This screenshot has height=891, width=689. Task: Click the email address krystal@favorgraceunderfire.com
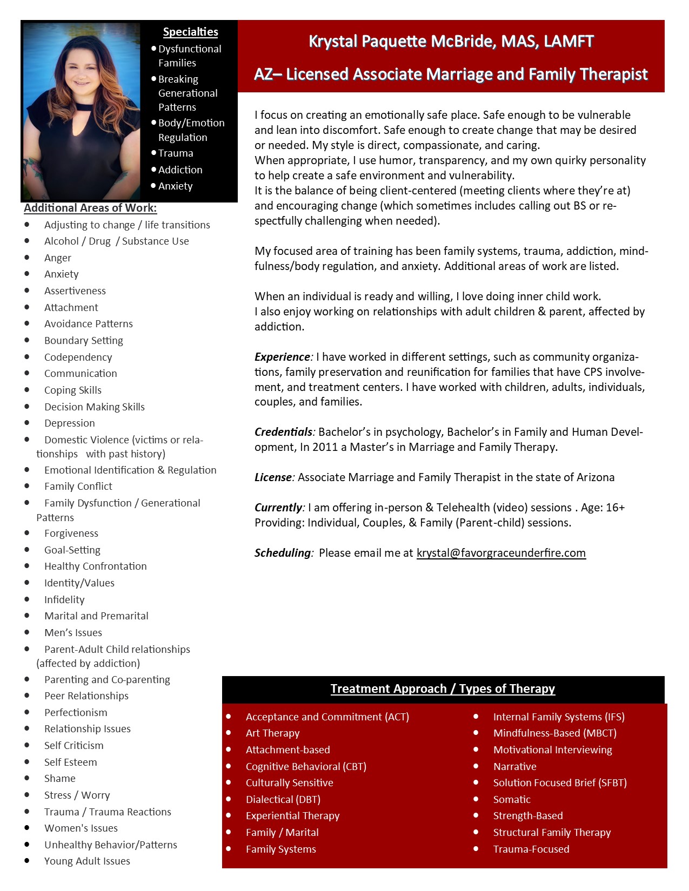pyautogui.click(x=501, y=553)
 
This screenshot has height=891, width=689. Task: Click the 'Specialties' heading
pyautogui.click(x=191, y=32)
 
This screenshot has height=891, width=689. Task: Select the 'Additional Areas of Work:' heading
pyautogui.click(x=90, y=208)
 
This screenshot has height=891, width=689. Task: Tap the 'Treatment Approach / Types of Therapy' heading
pyautogui.click(x=443, y=689)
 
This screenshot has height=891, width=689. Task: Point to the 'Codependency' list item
pyautogui.click(x=78, y=357)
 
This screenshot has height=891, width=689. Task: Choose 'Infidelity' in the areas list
pyautogui.click(x=64, y=600)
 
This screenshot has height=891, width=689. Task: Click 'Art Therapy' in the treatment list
pyautogui.click(x=272, y=733)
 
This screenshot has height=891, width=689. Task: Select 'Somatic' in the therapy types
pyautogui.click(x=512, y=800)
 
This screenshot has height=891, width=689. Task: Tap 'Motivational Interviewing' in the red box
pyautogui.click(x=552, y=750)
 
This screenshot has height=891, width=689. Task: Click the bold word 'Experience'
pyautogui.click(x=282, y=357)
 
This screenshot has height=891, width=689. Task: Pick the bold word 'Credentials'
pyautogui.click(x=283, y=432)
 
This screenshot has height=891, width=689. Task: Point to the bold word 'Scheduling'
pyautogui.click(x=283, y=553)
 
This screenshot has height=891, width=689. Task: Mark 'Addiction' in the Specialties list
pyautogui.click(x=180, y=170)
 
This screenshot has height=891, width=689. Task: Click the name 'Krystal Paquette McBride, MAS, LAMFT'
pyautogui.click(x=451, y=42)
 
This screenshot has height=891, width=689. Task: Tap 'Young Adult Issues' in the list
pyautogui.click(x=87, y=861)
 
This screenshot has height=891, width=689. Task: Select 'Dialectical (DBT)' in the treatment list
pyautogui.click(x=283, y=800)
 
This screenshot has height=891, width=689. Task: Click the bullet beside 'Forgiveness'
pyautogui.click(x=27, y=533)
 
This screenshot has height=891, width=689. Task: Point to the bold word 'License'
pyautogui.click(x=273, y=477)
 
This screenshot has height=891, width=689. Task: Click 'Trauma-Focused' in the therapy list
pyautogui.click(x=531, y=849)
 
